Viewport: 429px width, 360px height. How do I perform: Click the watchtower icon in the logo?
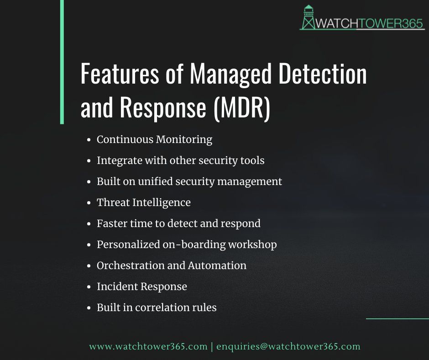coord(309,17)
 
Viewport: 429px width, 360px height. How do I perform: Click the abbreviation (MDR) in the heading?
coord(242,108)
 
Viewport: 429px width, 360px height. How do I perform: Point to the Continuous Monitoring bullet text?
coord(154,139)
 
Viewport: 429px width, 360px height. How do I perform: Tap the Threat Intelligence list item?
coord(143,202)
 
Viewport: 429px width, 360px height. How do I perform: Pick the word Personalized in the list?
coord(128,244)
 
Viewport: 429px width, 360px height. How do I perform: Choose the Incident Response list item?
coord(141,286)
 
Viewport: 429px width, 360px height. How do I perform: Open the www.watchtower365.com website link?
coord(148,346)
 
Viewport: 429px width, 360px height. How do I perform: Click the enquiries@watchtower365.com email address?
coord(288,346)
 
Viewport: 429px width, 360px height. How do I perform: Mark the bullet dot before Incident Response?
coord(89,287)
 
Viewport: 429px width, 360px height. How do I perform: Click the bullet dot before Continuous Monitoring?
coord(89,140)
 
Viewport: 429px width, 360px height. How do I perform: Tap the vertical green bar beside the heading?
coord(62,62)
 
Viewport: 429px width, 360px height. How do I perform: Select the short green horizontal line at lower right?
coord(397,318)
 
